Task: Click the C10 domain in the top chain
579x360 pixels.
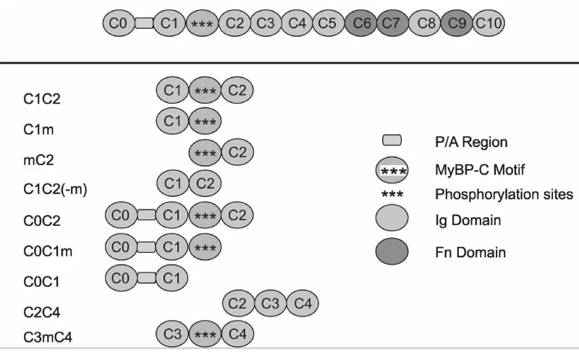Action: [x=489, y=24]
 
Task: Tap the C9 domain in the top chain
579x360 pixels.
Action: [x=457, y=24]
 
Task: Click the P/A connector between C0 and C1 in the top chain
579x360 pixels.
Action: [x=144, y=24]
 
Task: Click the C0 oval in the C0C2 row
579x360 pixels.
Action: [x=121, y=214]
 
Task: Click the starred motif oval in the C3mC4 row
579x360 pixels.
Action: [x=205, y=334]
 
